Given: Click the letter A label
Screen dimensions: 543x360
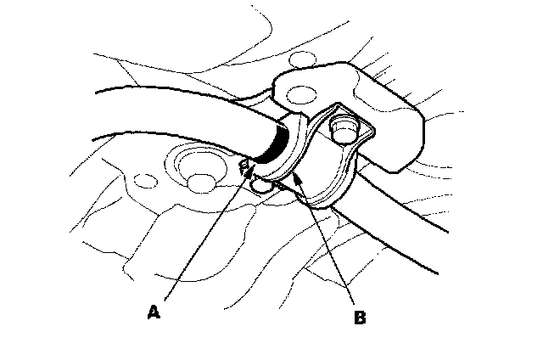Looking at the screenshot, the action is (154, 312).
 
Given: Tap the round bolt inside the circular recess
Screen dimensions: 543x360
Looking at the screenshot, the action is (202, 180).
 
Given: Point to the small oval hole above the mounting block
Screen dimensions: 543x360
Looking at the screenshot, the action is (298, 59).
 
